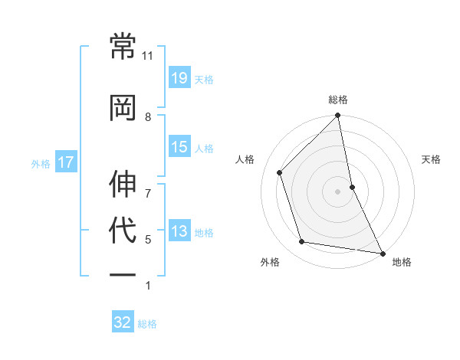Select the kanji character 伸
click(x=123, y=183)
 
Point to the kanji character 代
click(x=123, y=229)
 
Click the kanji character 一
click(x=123, y=275)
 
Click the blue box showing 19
click(x=179, y=77)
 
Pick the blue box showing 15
click(x=179, y=147)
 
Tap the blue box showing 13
click(x=179, y=231)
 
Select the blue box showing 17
click(x=65, y=162)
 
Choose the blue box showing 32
click(x=123, y=322)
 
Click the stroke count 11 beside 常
click(x=148, y=56)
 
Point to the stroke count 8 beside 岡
click(x=148, y=116)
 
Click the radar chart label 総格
click(x=338, y=100)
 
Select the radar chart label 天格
click(x=432, y=159)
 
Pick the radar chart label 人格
click(x=245, y=159)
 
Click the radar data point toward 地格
click(x=382, y=253)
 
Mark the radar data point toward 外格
click(x=302, y=242)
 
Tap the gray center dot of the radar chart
click(x=337, y=191)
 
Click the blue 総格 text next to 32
click(x=147, y=324)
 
